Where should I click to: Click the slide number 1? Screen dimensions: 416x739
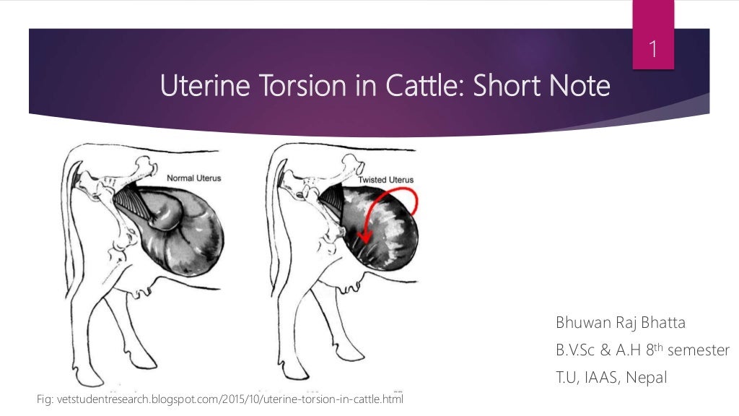tap(653, 51)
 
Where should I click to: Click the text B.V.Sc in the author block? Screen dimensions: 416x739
tap(574, 350)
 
